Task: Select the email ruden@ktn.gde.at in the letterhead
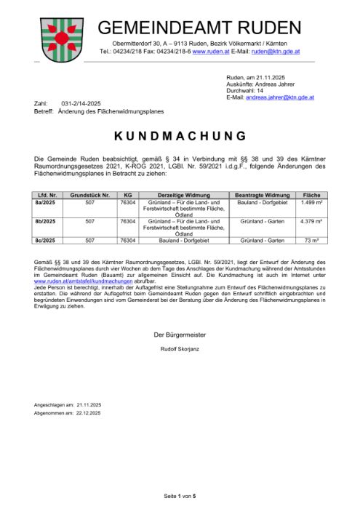pyautogui.click(x=277, y=52)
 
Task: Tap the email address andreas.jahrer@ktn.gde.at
pyautogui.click(x=280, y=97)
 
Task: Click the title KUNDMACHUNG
pyautogui.click(x=180, y=136)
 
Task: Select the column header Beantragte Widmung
pyautogui.click(x=263, y=195)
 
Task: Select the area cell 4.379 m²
pyautogui.click(x=311, y=220)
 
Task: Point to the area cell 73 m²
pyautogui.click(x=311, y=239)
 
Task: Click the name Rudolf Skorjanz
pyautogui.click(x=180, y=350)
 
